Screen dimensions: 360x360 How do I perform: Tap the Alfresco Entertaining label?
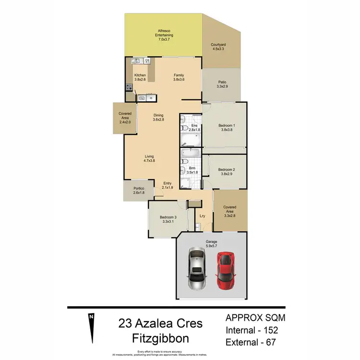[x=164, y=35]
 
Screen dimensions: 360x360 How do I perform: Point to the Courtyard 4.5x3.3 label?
[x=218, y=47]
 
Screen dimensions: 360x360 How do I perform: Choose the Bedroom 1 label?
[x=227, y=127]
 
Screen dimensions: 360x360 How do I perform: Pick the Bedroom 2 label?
[x=227, y=171]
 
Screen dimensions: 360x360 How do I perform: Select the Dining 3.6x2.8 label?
[x=158, y=118]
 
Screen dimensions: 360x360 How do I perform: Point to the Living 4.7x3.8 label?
[x=150, y=158]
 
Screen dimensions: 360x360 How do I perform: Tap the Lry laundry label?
[x=203, y=216]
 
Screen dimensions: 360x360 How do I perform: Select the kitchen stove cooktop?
[x=129, y=87]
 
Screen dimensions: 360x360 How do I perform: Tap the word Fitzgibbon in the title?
[x=160, y=338]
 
